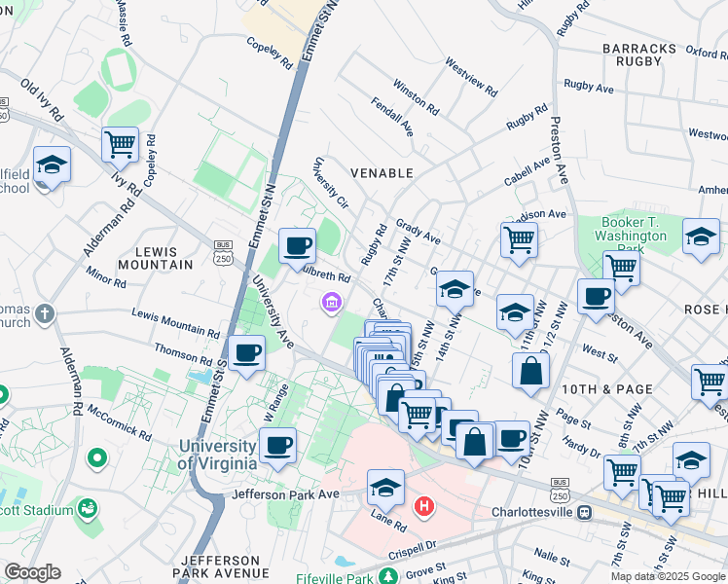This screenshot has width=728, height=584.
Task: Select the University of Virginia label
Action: [x=217, y=455]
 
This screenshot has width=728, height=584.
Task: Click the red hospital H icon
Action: [x=424, y=506]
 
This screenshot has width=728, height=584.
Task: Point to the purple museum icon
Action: [x=331, y=304]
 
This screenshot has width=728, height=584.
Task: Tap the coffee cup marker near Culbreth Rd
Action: [x=297, y=245]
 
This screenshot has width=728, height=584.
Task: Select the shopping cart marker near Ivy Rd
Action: [x=120, y=144]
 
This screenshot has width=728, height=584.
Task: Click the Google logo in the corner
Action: [x=31, y=572]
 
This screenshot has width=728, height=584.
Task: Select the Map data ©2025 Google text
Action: [x=667, y=576]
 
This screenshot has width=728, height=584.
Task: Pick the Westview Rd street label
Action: [x=471, y=78]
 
